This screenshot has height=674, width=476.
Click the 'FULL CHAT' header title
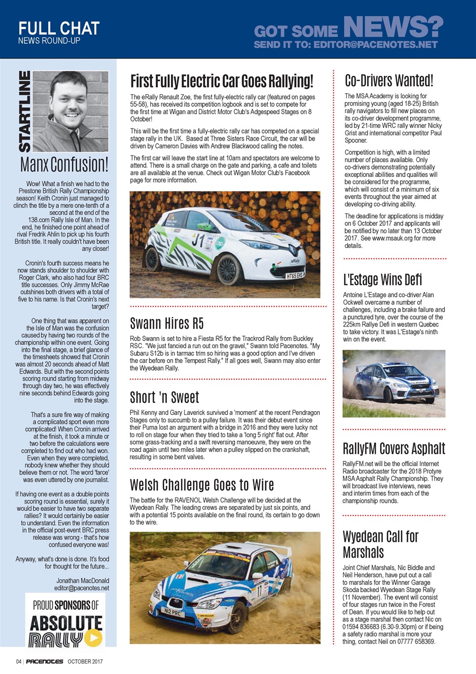click(58, 27)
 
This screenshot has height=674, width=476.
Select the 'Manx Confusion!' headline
click(64, 164)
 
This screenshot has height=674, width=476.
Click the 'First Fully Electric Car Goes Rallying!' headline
click(221, 82)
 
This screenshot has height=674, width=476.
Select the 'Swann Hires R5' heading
click(167, 323)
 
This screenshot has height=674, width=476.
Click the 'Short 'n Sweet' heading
click(165, 397)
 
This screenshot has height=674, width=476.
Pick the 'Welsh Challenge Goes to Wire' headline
click(202, 484)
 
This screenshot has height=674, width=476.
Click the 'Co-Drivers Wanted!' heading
click(389, 81)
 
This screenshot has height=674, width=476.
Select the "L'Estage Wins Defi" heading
click(382, 279)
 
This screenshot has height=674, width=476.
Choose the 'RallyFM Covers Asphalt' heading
click(393, 449)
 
